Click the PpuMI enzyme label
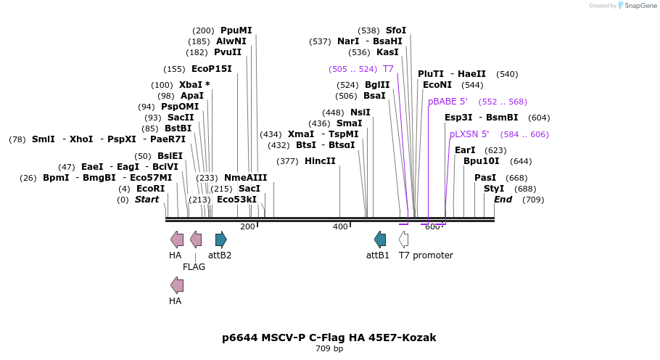(236, 30)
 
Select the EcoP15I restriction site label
(211, 69)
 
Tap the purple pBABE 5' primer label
(447, 102)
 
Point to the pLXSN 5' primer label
(469, 134)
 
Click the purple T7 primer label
(388, 69)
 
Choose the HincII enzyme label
(320, 161)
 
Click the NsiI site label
(360, 112)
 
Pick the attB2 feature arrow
(221, 240)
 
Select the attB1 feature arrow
(380, 240)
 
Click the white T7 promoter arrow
(403, 240)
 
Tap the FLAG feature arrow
(196, 240)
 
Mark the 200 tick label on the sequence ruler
(247, 227)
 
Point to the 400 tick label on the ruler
(340, 227)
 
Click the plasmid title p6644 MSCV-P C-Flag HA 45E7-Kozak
(329, 337)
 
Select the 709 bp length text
(329, 349)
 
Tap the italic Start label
(147, 200)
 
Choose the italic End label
(503, 200)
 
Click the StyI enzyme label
(494, 189)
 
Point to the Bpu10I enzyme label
(482, 161)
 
